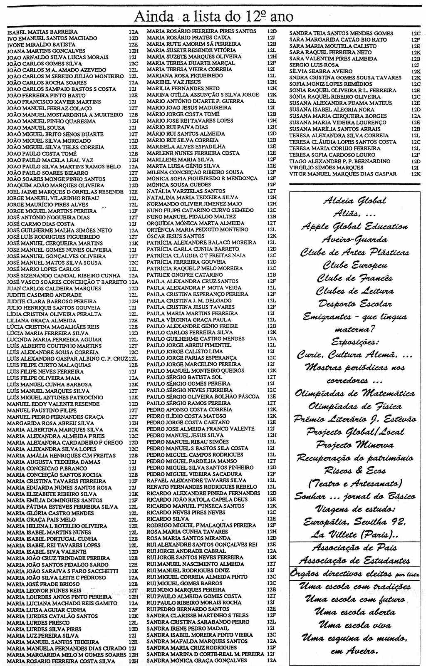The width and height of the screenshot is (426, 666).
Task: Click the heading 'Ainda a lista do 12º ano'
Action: [x=213, y=17]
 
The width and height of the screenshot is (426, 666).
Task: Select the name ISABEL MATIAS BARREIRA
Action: [x=42, y=32]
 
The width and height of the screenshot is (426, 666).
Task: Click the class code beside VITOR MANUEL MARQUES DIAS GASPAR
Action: [x=416, y=174]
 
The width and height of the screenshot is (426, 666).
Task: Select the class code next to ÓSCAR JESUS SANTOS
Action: [x=272, y=236]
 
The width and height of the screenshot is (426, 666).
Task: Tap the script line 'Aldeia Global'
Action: [x=354, y=201]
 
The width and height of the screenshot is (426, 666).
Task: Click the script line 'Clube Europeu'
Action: [x=355, y=265]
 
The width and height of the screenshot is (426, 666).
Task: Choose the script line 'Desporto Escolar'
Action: [x=355, y=304]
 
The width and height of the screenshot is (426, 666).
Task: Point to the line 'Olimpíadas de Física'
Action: [x=355, y=406]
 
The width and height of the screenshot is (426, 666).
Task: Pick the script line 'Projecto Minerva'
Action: [x=355, y=445]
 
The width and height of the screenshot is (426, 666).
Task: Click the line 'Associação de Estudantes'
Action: [x=355, y=560]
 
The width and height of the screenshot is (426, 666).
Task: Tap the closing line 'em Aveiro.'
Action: [x=355, y=651]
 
